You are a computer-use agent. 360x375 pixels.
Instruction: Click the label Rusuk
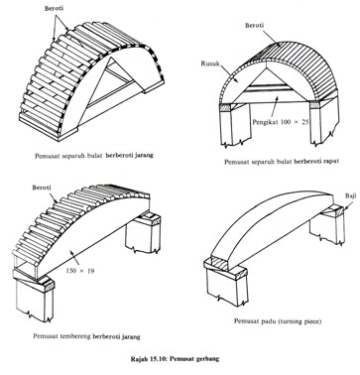coord(209,63)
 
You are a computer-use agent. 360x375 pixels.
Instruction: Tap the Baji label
coord(350,195)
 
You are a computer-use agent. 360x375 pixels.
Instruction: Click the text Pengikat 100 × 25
coord(281,122)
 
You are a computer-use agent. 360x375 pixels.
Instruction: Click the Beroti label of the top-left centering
coord(54,9)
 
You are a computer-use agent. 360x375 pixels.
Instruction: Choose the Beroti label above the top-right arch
coord(255,26)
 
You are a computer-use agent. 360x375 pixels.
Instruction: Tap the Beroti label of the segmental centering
coord(42,187)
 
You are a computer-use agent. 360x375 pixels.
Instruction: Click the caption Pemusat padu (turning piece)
coord(278,321)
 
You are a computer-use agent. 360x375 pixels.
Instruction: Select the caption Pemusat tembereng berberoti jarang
coord(86,336)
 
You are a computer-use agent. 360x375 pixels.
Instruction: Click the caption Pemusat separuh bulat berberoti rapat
coord(282,162)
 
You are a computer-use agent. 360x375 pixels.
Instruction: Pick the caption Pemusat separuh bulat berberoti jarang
coord(94,155)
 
